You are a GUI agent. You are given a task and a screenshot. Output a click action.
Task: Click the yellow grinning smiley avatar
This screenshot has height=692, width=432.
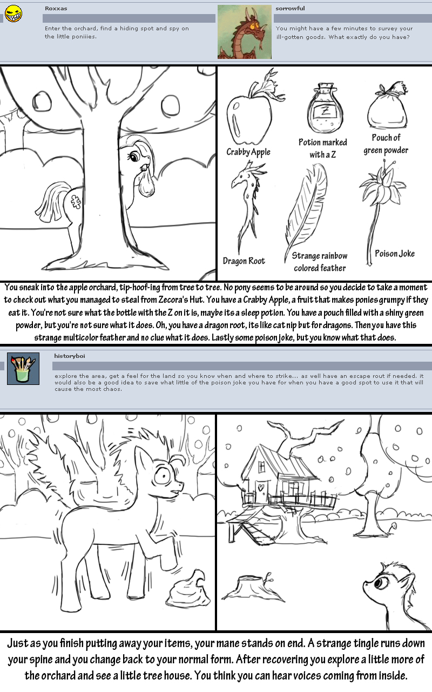pyautogui.click(x=13, y=14)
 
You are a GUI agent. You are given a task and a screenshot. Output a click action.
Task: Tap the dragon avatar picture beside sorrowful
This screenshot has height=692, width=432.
pyautogui.click(x=245, y=32)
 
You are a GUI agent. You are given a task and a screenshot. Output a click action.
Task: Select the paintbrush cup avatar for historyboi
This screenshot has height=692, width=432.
pyautogui.click(x=23, y=369)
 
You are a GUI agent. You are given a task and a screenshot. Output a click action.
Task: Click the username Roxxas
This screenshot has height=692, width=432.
pyautogui.click(x=56, y=8)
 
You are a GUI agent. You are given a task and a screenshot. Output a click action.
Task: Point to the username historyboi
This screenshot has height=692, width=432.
pyautogui.click(x=70, y=356)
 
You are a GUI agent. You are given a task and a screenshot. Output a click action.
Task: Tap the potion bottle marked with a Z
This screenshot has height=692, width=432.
pyautogui.click(x=325, y=108)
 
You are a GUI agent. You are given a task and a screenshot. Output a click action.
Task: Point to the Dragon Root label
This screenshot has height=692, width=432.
pyautogui.click(x=244, y=261)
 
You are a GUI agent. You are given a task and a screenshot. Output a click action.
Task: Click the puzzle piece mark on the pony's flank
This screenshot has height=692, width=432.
pyautogui.click(x=76, y=202)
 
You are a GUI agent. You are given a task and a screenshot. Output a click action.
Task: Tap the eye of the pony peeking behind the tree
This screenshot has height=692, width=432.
pyautogui.click(x=134, y=156)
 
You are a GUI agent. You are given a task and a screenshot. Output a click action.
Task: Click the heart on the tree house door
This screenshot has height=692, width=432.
pyautogui.click(x=261, y=487)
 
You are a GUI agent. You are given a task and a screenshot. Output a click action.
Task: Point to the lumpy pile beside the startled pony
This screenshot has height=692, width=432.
pyautogui.click(x=192, y=587)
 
